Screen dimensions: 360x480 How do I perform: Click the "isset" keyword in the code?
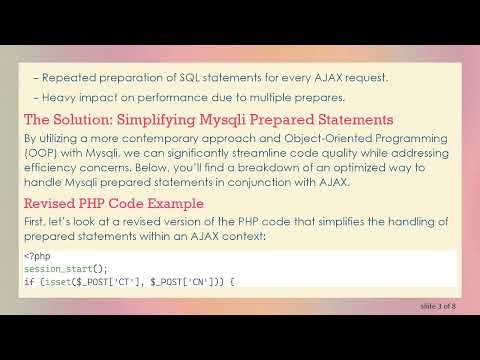52,282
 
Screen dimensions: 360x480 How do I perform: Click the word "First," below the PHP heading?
37,221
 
